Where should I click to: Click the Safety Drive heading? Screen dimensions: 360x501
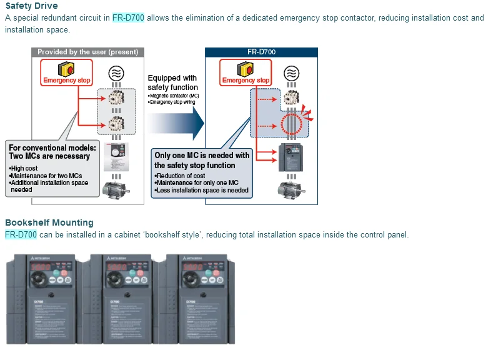pos(31,6)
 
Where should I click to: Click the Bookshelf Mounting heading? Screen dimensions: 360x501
pos(49,222)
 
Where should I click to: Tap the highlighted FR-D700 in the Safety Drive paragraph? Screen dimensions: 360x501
pos(128,18)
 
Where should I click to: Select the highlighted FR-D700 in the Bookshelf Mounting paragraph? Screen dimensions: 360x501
pos(21,235)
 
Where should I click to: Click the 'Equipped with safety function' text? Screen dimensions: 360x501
pos(172,82)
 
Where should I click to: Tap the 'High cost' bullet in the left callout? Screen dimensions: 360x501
pos(24,169)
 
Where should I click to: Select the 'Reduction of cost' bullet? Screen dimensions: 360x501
pos(181,176)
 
